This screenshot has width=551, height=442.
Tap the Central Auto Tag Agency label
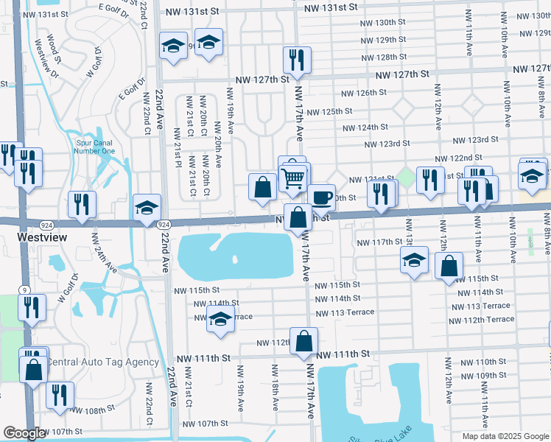[102, 362]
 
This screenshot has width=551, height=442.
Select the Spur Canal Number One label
[95, 147]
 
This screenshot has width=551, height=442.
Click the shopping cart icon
[293, 178]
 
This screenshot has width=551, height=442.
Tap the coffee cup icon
[321, 197]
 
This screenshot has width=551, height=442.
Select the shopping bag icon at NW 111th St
[303, 340]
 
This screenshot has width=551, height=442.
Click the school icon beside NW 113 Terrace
[219, 320]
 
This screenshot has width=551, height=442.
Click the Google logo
[24, 433]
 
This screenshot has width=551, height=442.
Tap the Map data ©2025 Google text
[505, 436]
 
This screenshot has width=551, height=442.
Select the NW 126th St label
[363, 92]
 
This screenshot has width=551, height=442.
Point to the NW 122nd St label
[458, 158]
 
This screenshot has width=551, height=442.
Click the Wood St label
[52, 46]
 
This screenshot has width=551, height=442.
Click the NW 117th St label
[379, 242]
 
